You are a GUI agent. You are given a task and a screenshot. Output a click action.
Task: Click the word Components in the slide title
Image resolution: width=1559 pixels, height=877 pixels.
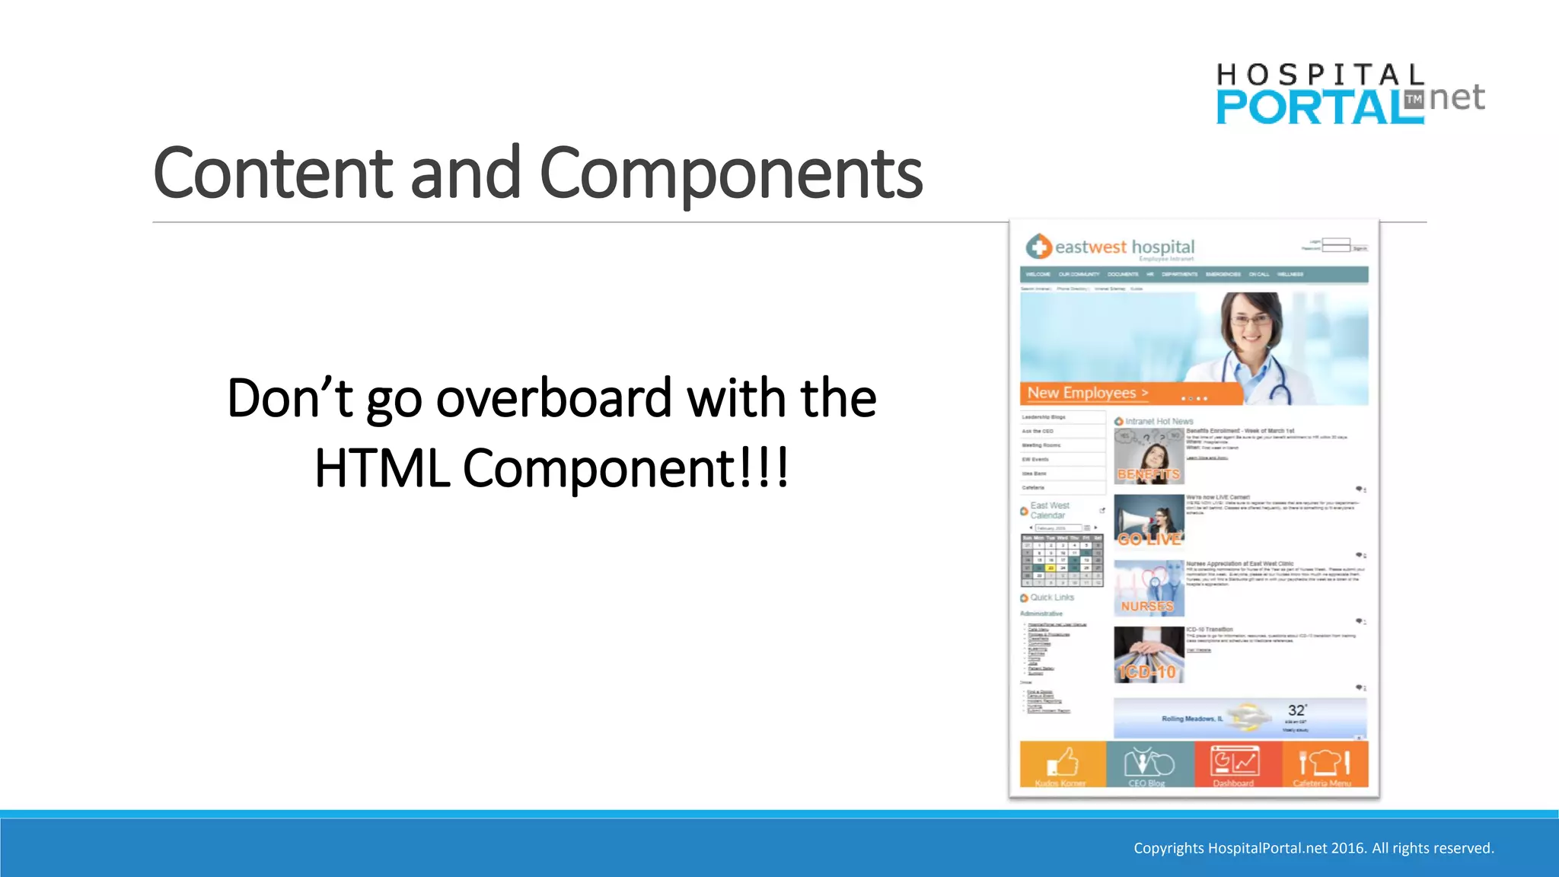[731, 174]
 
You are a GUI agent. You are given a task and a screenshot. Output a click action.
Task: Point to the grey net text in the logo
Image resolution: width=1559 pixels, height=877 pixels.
[1456, 97]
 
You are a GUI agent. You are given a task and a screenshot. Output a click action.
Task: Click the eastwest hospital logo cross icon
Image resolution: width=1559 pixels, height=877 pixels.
[1038, 247]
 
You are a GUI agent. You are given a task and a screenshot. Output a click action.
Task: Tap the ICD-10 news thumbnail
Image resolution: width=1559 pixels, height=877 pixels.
[1148, 655]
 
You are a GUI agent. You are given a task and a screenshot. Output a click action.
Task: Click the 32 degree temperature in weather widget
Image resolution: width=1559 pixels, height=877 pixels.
[1296, 710]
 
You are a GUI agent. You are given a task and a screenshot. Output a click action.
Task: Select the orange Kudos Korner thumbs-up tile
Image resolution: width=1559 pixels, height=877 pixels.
[1062, 764]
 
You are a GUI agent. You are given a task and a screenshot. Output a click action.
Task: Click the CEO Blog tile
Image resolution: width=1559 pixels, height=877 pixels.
[1149, 764]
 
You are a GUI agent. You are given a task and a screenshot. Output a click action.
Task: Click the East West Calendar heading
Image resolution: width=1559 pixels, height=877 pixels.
[1049, 510]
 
